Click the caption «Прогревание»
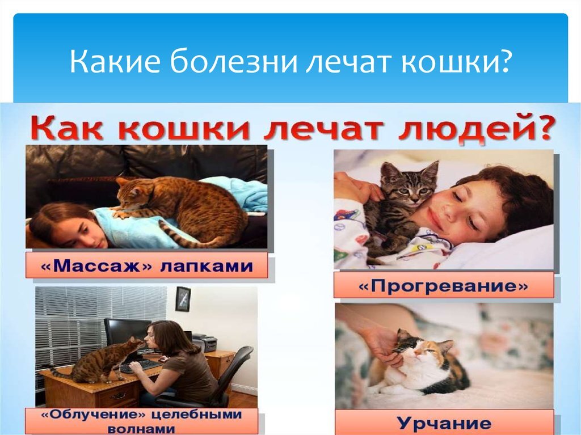(443, 285)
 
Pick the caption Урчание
(444, 423)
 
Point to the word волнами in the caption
(141, 429)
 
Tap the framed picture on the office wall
(183, 299)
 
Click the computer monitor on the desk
(126, 333)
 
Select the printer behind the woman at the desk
(205, 343)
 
